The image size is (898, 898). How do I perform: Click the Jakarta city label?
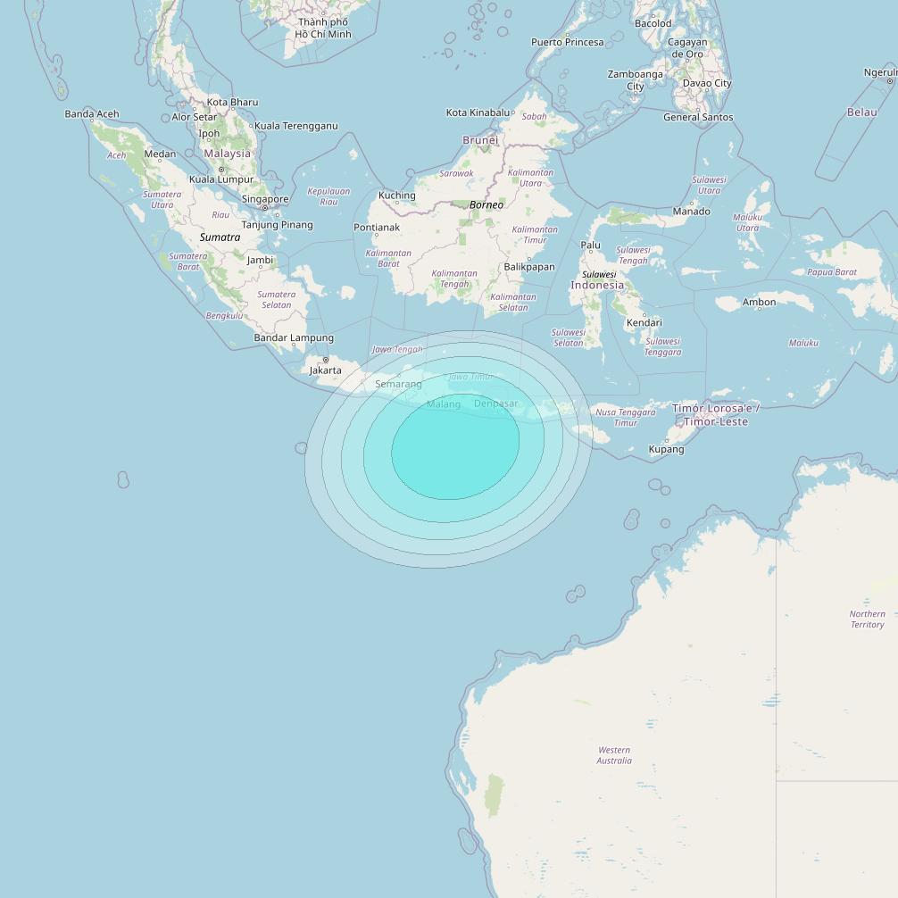click(x=325, y=370)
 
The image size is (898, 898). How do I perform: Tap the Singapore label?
click(x=265, y=199)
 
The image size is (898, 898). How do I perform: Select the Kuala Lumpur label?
click(x=221, y=179)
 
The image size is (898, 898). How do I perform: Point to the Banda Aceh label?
click(x=92, y=113)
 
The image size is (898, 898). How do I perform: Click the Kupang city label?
click(x=666, y=449)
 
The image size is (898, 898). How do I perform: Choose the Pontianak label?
click(x=377, y=228)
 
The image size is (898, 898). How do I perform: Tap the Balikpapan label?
click(x=529, y=266)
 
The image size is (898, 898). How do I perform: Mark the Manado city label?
click(x=691, y=212)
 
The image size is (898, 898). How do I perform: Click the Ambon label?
click(x=759, y=302)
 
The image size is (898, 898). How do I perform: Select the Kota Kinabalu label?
click(x=478, y=112)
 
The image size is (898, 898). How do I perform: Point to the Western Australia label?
click(x=614, y=755)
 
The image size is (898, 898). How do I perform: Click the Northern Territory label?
click(x=867, y=619)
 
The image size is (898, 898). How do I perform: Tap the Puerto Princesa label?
click(x=567, y=42)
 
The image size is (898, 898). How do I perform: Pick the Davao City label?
click(x=706, y=83)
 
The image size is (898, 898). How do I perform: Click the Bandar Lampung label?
click(x=294, y=337)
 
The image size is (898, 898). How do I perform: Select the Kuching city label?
click(x=397, y=195)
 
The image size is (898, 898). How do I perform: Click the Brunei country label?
click(x=480, y=140)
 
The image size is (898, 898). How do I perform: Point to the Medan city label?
click(x=160, y=154)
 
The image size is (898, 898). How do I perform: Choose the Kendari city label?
click(x=644, y=322)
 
